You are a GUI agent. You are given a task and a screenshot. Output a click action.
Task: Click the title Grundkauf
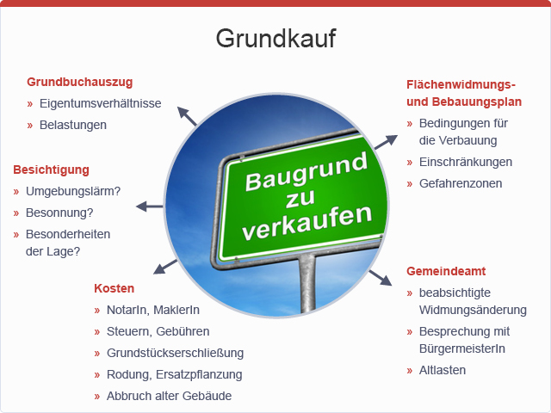click(x=275, y=38)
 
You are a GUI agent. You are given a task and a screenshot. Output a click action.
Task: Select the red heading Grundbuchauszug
click(x=80, y=83)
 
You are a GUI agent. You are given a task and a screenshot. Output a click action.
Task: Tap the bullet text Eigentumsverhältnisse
click(x=101, y=103)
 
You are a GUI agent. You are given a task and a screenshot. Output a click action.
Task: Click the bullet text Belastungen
click(x=73, y=125)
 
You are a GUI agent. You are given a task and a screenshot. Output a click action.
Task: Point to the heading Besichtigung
click(x=52, y=170)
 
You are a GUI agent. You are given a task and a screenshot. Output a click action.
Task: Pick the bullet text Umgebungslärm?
click(x=73, y=191)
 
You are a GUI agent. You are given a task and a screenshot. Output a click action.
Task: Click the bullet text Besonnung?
click(x=59, y=213)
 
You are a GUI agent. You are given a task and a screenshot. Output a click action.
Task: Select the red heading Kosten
click(x=115, y=288)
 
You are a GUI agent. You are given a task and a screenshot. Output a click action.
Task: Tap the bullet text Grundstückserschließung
click(x=175, y=353)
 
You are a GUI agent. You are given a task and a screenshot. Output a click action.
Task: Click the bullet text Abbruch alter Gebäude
click(x=169, y=396)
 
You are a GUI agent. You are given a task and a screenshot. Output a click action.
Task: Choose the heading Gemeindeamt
click(x=446, y=271)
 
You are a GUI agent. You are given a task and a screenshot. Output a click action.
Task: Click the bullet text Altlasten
click(x=443, y=370)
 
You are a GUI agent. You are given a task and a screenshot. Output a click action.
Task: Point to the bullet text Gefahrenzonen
click(x=461, y=183)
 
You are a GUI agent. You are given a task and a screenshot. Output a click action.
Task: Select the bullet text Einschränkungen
click(x=466, y=162)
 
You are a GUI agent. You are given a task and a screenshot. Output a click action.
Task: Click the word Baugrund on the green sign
click(x=306, y=172)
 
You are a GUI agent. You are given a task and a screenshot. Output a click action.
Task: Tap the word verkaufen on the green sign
click(x=307, y=223)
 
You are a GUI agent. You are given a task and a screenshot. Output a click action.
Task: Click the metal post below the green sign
click(x=307, y=283)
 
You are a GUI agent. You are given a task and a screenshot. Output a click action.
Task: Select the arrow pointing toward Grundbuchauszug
click(x=187, y=116)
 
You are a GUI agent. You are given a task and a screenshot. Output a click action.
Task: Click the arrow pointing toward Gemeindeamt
click(x=381, y=278)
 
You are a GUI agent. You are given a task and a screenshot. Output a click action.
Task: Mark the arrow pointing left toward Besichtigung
click(x=150, y=206)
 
